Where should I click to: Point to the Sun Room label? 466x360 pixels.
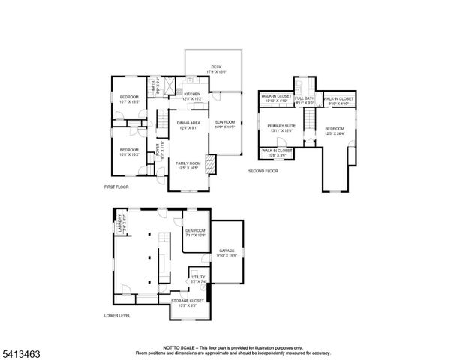[x=225, y=124]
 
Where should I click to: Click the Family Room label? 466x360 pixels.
[x=188, y=165]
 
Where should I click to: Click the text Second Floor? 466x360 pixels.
[x=263, y=171]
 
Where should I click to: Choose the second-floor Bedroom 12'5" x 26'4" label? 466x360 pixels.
[x=334, y=130]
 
